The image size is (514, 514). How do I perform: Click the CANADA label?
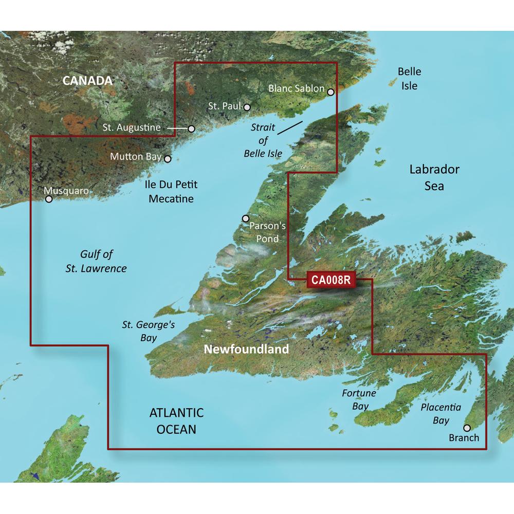(87, 81)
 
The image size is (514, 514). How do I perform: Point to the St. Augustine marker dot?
(191, 128)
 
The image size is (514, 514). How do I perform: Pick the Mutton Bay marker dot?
(168, 159)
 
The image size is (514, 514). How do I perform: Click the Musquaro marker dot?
(49, 199)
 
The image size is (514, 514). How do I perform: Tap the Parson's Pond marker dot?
(245, 218)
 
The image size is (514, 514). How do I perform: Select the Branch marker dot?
(467, 428)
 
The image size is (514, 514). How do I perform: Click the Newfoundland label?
(246, 350)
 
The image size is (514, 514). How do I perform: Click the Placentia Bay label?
(440, 414)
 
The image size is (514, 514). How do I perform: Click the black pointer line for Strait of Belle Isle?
(289, 128)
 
